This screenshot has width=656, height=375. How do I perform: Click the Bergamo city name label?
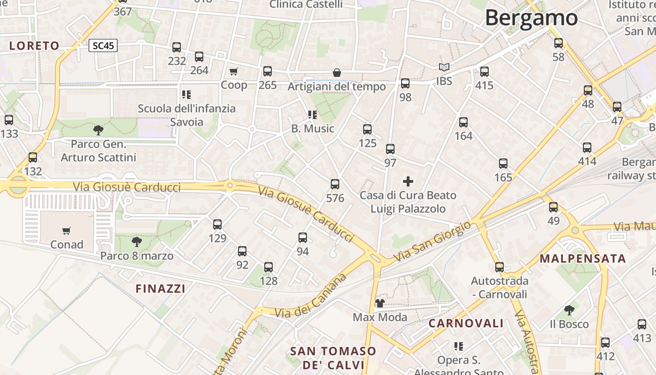click(531, 18)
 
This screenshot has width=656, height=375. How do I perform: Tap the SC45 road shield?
click(103, 45)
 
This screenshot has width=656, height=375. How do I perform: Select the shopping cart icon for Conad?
click(67, 231)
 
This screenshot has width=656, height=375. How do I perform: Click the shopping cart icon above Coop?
click(233, 71)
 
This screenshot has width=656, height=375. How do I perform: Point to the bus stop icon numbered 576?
click(335, 184)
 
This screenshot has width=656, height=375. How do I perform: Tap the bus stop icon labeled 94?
click(303, 238)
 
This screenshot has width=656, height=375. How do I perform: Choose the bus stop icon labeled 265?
click(268, 71)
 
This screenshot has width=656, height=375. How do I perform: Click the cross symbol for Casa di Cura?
click(408, 181)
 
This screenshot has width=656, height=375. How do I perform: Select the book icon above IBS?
click(444, 67)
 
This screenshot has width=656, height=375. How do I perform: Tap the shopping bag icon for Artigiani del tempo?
click(336, 73)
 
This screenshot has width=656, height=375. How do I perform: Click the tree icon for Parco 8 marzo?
click(136, 242)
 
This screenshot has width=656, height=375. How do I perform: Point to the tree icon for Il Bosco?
click(569, 310)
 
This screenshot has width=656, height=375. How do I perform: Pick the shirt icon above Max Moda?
click(380, 303)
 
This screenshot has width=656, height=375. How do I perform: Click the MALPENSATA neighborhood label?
click(582, 258)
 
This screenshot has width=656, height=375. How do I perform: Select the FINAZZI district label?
click(160, 289)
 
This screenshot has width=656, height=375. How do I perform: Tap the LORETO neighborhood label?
click(34, 45)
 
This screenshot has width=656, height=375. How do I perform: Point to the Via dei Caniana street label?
click(312, 296)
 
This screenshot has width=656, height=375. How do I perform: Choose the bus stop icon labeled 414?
click(587, 148)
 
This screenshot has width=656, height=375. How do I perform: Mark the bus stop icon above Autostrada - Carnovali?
click(499, 267)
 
